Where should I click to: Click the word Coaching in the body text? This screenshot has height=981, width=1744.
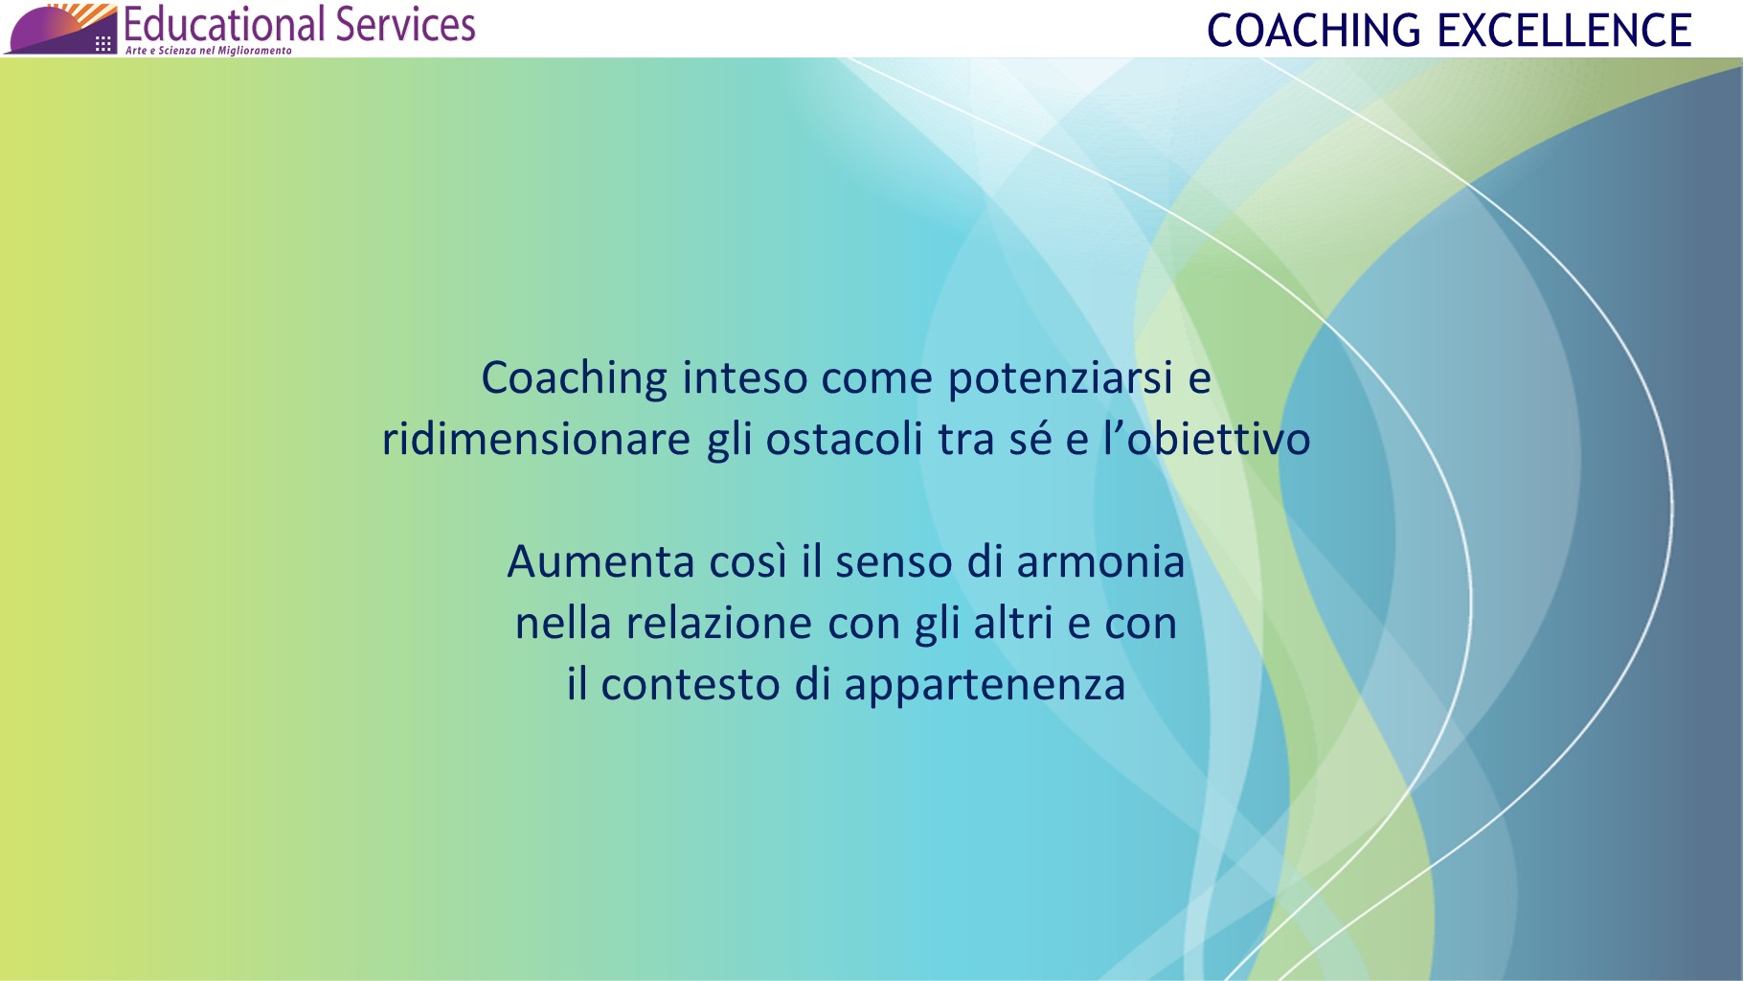574,378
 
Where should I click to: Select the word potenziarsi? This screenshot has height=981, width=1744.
1060,378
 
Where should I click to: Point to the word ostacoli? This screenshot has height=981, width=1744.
844,440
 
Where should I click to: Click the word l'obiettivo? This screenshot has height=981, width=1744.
1206,440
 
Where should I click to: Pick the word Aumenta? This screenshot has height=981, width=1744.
600,562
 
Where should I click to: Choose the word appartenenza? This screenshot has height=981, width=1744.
985,685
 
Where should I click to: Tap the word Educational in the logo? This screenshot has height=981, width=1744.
226,24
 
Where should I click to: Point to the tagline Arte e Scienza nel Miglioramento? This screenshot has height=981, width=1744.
208,51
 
